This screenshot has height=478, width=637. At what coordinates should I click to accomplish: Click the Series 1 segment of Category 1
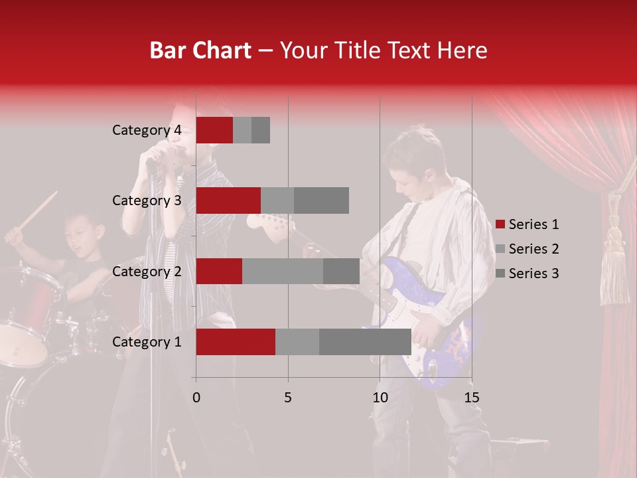coord(236,341)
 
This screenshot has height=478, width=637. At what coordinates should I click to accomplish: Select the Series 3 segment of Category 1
coord(365,341)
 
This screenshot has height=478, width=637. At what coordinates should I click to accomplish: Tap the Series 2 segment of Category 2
coord(283,271)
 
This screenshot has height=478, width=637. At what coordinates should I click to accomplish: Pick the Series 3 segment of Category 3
coord(321,200)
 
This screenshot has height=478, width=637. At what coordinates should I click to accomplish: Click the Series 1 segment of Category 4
coord(214,130)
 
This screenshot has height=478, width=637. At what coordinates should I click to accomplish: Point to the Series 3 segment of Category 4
coord(261,130)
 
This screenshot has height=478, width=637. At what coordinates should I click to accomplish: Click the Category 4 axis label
coord(147,130)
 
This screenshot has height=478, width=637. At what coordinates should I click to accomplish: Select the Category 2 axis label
coord(147,271)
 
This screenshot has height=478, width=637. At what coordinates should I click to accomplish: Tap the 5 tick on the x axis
coord(288,398)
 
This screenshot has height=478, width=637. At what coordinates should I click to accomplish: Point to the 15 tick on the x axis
coord(471,398)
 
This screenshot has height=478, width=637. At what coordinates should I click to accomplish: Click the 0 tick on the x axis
coord(196,398)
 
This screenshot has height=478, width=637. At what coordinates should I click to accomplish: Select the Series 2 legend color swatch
coord(500,249)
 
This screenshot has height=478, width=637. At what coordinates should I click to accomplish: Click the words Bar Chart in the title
coord(200,50)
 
